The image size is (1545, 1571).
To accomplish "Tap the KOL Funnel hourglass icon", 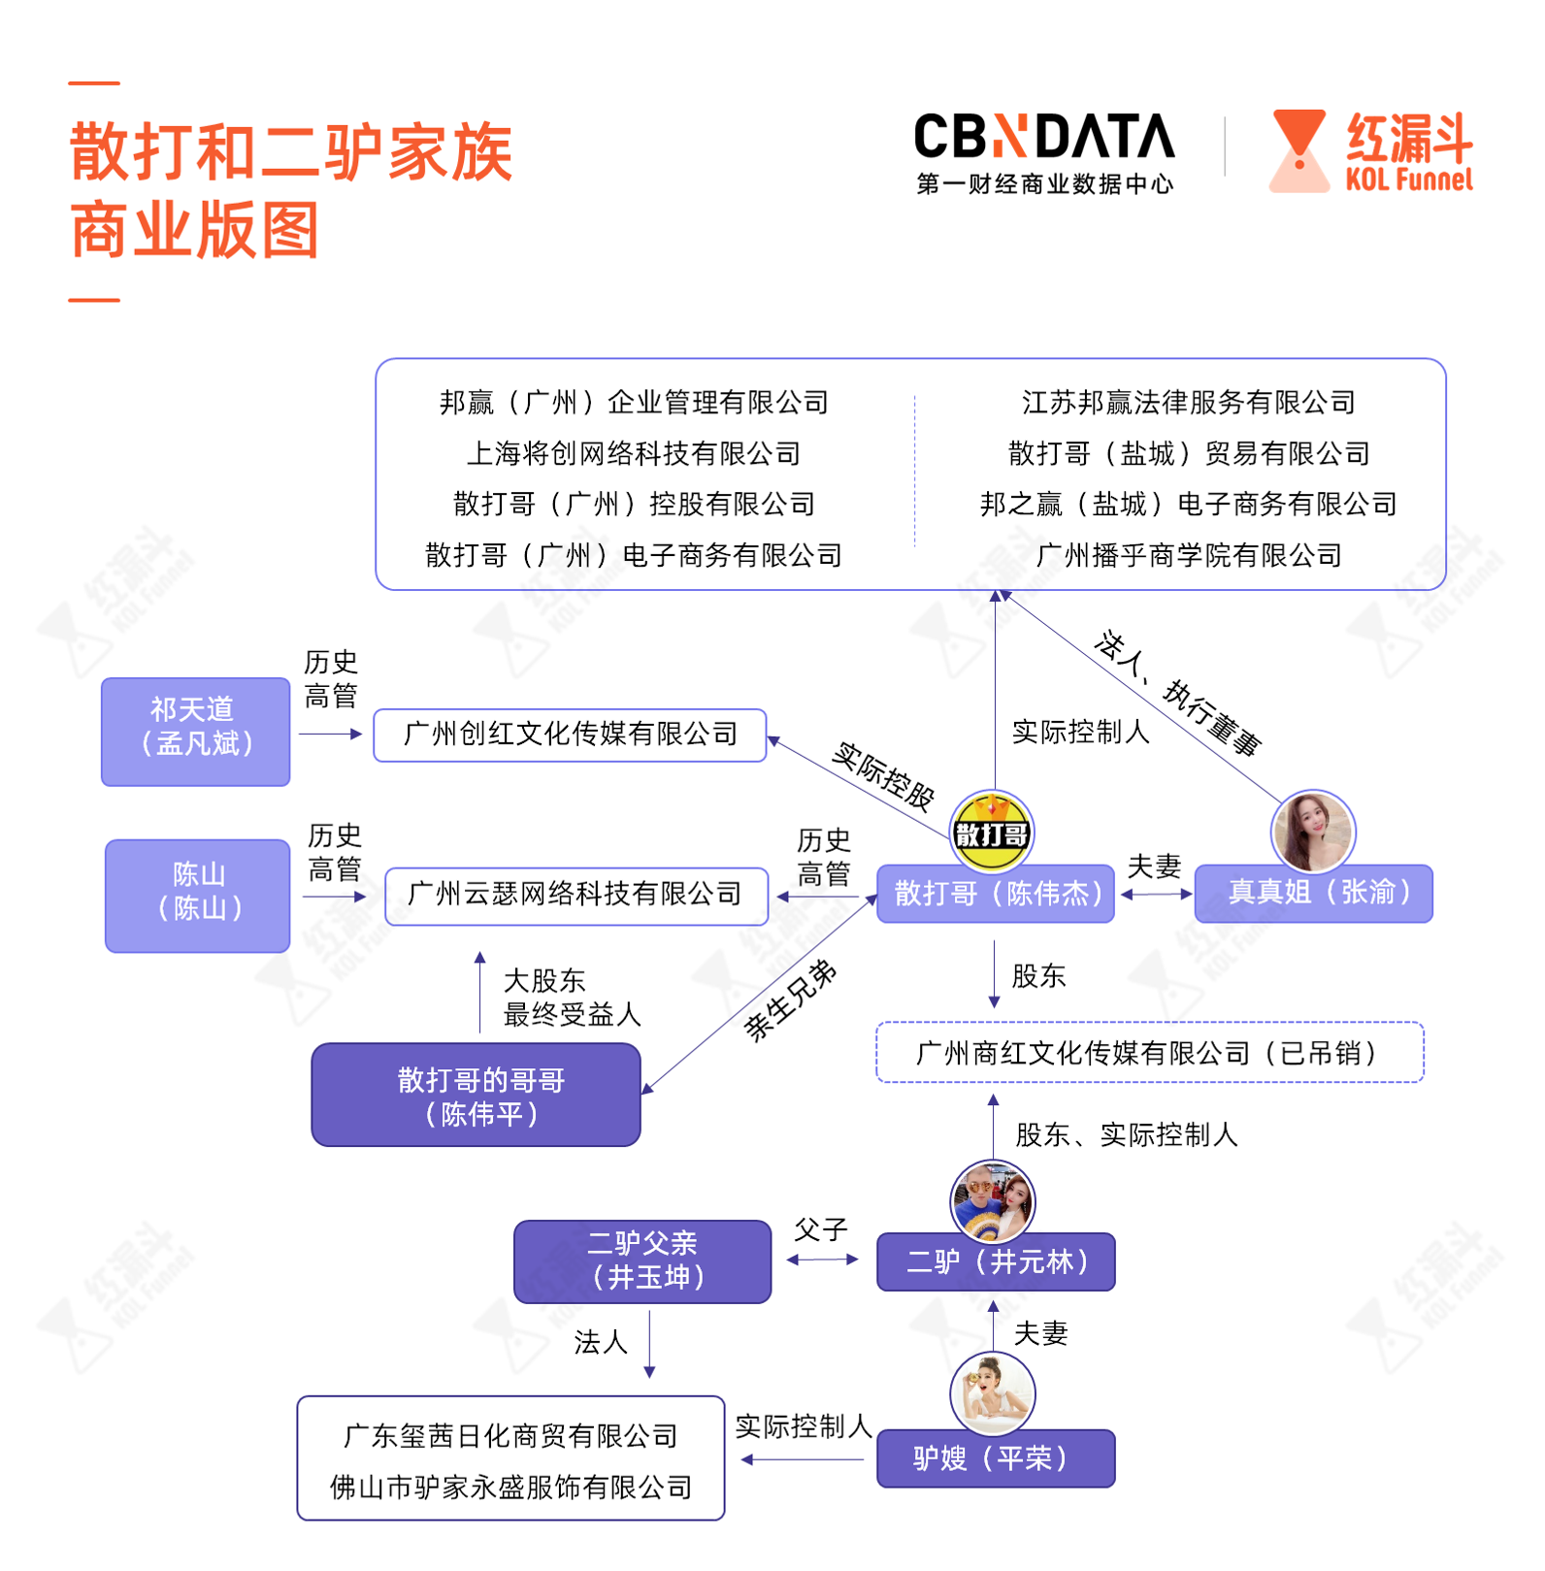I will tap(1298, 150).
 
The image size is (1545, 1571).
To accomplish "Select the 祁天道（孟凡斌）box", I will tap(196, 731).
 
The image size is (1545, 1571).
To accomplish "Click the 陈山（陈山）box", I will tap(198, 895).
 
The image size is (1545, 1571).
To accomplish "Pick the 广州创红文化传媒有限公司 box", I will tap(571, 735).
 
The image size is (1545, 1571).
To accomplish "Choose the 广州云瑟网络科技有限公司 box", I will tap(575, 896).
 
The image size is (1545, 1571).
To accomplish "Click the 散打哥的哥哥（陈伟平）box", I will tap(476, 1095).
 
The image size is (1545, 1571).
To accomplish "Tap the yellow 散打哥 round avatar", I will tap(992, 832).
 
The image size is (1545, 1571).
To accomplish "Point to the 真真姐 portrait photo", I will tap(1312, 832).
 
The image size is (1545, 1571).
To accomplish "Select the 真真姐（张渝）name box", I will tap(1314, 893).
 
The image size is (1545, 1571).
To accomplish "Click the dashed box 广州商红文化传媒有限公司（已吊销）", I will tap(1149, 1052).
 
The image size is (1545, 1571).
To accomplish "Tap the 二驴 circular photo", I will tap(992, 1201).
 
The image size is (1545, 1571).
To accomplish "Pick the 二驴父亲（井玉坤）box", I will tap(642, 1260).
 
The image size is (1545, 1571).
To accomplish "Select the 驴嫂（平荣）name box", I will tap(996, 1457).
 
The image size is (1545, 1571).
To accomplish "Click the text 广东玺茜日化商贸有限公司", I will tap(510, 1435).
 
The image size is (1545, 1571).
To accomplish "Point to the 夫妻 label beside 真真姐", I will tap(1154, 866).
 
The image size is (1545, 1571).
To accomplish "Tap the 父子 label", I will tap(821, 1229).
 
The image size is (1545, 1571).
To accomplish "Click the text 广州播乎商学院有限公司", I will tap(1189, 555).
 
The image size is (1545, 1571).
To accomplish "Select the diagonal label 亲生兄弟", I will tap(790, 999).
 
